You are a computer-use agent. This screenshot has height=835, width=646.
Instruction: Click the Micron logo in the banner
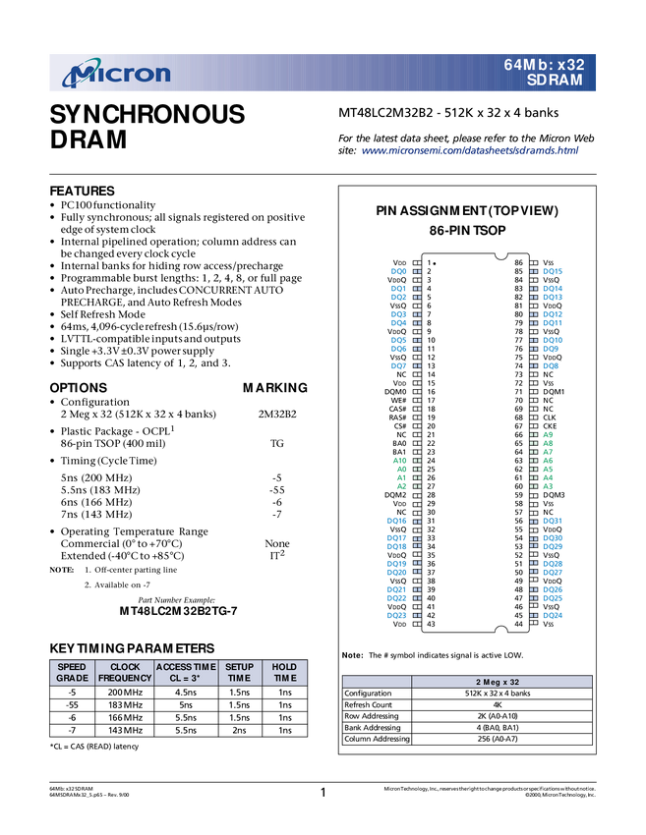[116, 74]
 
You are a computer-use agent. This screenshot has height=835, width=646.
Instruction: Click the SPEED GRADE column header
[72, 672]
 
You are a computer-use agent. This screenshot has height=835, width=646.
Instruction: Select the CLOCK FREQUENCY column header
[125, 672]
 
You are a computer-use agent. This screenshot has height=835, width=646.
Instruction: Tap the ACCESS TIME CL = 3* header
[186, 672]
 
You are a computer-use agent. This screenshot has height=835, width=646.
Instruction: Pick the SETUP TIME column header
[239, 672]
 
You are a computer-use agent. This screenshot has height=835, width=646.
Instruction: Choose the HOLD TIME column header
[284, 672]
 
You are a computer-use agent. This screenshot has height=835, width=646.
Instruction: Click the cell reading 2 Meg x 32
[501, 682]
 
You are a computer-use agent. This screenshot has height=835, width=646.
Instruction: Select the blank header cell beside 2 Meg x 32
[377, 682]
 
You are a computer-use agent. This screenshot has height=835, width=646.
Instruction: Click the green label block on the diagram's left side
[400, 473]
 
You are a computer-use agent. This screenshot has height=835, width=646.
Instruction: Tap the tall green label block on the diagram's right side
[549, 460]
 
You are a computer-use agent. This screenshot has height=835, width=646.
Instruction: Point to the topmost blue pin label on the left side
[399, 271]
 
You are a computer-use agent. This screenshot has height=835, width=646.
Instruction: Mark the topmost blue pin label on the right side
[555, 271]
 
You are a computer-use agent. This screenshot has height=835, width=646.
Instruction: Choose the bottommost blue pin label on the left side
[397, 616]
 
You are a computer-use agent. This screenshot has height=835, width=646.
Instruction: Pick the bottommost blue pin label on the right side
[554, 616]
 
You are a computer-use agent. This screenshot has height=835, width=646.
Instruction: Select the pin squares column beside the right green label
[534, 460]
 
